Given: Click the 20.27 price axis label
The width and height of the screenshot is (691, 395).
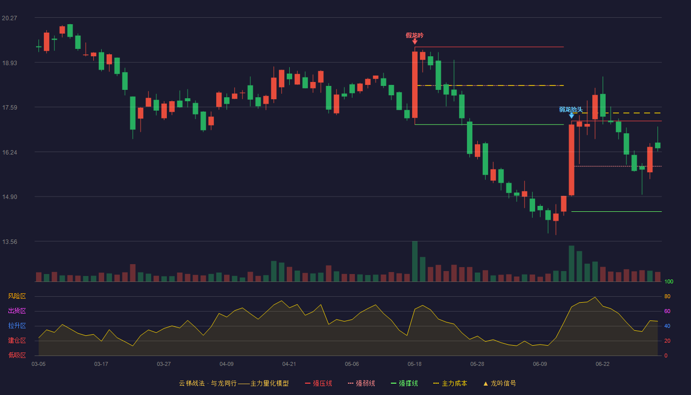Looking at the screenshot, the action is (9, 18).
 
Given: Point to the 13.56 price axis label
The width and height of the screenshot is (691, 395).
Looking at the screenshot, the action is (9, 241).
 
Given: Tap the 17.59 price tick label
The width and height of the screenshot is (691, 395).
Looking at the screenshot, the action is (9, 108).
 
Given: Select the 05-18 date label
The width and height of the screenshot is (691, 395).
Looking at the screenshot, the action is (414, 364).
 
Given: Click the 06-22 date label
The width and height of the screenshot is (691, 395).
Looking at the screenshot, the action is (603, 364).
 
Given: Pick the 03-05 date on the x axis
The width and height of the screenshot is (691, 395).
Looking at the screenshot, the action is (38, 364).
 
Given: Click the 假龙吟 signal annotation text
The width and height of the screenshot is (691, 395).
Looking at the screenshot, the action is (415, 36).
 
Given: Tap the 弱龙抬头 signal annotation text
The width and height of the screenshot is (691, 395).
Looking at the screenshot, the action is (571, 110).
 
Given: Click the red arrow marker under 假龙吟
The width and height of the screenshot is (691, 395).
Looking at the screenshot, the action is (415, 41).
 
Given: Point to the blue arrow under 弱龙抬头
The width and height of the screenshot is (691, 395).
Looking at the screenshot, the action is (572, 116).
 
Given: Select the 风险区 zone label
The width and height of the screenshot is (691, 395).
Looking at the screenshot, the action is (17, 296).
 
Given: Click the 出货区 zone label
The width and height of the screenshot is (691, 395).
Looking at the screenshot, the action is (17, 311).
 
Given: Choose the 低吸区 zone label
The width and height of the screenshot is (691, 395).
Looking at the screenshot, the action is (17, 355).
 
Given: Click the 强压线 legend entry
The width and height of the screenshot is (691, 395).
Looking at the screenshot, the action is (318, 383).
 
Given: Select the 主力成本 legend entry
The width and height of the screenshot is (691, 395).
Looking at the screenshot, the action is (450, 383).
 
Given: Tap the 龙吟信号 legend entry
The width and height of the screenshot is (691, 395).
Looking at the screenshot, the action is (499, 383).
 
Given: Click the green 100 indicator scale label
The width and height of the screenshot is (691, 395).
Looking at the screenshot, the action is (669, 281).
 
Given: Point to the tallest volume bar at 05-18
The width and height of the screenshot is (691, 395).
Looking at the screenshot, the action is (415, 261).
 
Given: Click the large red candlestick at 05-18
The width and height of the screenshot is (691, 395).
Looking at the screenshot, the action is (415, 84).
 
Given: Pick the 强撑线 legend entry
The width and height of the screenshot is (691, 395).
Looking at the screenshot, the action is (404, 383).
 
